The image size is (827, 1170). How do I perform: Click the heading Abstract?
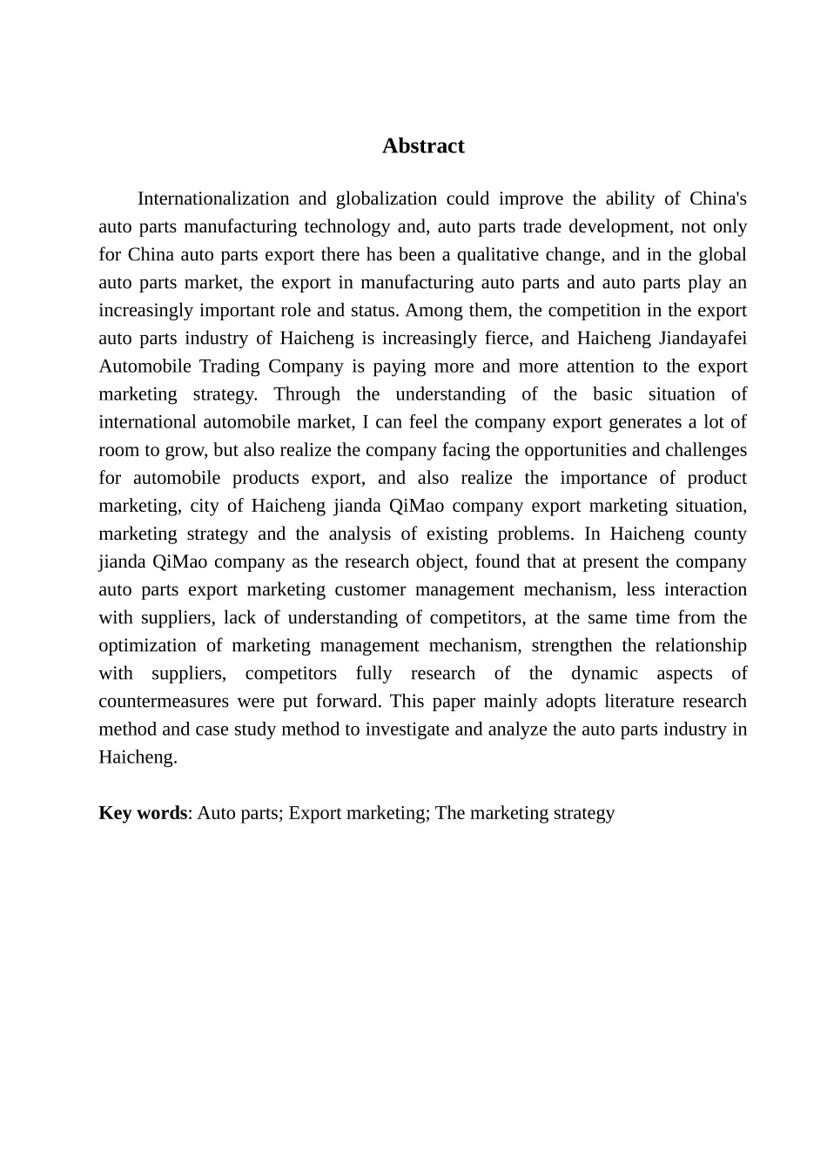(423, 145)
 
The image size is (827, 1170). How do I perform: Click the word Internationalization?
(212, 198)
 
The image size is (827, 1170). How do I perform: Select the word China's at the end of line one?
(717, 198)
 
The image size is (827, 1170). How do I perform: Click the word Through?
(307, 393)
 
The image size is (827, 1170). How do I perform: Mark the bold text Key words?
(143, 812)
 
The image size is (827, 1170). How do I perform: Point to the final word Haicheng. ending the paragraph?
(138, 756)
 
